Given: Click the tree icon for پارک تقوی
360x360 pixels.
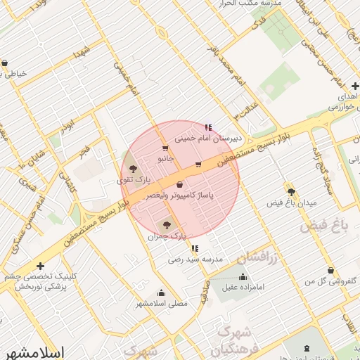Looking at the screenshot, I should [134, 169].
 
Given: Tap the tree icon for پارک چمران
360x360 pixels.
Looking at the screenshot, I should [167, 226].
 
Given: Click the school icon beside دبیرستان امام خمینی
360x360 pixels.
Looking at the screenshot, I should [208, 127].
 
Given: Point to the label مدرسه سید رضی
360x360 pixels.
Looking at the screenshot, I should [195, 259].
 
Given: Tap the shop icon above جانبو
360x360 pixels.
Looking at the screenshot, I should [165, 148].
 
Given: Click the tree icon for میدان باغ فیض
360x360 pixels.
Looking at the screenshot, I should [291, 191].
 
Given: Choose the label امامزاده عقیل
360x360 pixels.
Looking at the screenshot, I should [243, 287].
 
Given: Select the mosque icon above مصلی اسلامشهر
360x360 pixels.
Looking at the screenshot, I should [162, 293].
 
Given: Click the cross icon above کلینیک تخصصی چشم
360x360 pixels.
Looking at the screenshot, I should [41, 266].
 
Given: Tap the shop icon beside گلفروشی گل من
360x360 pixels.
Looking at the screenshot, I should [330, 270].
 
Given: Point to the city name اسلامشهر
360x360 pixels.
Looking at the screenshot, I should [34, 352].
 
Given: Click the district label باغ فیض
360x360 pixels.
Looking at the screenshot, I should [324, 226].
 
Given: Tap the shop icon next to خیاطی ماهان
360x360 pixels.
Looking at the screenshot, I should [5, 63].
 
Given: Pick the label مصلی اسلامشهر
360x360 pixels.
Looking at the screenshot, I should [162, 304].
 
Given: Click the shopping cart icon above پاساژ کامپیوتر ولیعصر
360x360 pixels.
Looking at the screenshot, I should [181, 184].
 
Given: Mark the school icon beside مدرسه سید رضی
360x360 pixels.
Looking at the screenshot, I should [195, 248].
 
